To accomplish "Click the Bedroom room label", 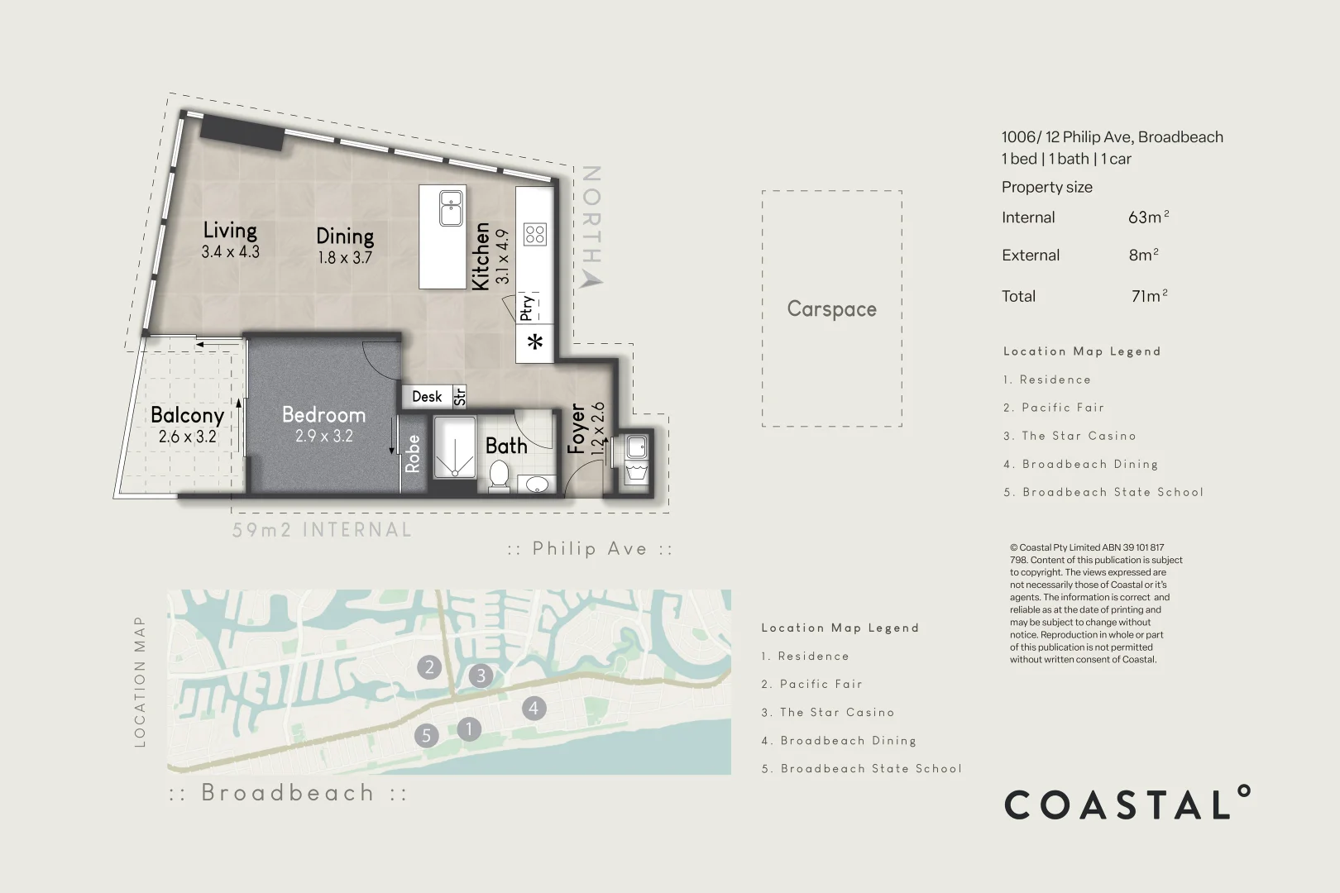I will pos(323,414).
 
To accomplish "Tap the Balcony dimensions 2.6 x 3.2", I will pos(188,437).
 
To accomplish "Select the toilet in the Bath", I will pos(499,475).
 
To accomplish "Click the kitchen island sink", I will pos(451,208).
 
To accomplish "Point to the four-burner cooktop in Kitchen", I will pos(534,234).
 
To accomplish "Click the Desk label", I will pos(427,397).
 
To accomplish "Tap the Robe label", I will pos(412,453).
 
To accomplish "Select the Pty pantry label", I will pos(527,308).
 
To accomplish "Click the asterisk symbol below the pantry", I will pos(535,341).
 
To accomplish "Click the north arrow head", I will pos(591,279).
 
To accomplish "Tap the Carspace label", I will pos(831,308).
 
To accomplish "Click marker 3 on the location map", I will pos(481,676).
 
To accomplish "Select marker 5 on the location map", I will pos(426,735).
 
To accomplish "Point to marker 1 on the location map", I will pos(469,728).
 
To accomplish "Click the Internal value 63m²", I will pos(1148,217).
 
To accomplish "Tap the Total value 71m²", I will pos(1149,296).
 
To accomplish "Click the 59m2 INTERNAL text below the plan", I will pos(322,530).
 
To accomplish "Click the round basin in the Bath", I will pos(538,484).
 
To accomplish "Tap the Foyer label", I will pos(577,428).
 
